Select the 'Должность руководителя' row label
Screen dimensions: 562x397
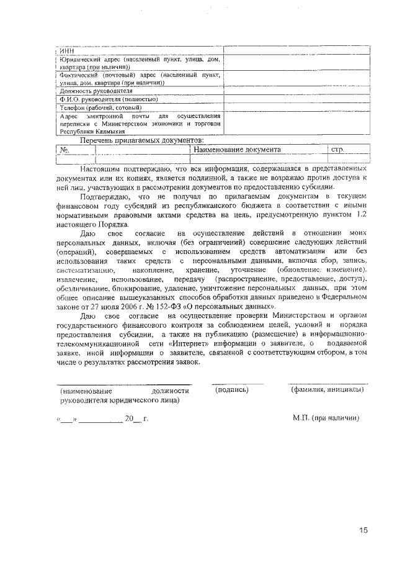(89, 90)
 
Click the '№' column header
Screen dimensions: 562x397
(63, 150)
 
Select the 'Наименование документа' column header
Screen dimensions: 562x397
(237, 150)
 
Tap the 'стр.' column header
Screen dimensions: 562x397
(338, 150)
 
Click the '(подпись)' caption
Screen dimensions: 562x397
(231, 391)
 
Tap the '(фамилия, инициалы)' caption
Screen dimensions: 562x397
(328, 391)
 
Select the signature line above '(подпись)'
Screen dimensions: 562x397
(236, 384)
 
